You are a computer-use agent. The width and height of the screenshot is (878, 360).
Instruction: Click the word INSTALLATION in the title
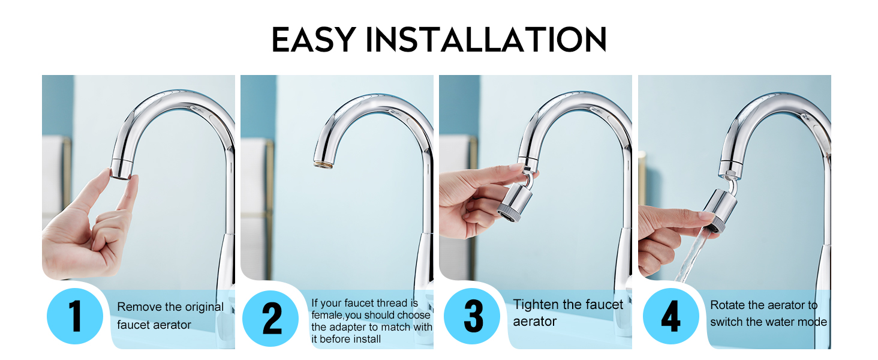click(x=486, y=40)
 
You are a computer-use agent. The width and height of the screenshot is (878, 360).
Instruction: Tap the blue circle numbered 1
click(x=75, y=316)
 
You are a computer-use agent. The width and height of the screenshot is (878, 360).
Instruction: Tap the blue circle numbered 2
click(x=271, y=316)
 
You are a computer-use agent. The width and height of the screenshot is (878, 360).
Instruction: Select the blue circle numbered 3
click(x=473, y=316)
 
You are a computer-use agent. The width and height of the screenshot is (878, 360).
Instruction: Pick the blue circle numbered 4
click(x=670, y=316)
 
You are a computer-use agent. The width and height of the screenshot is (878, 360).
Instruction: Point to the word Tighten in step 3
click(x=537, y=305)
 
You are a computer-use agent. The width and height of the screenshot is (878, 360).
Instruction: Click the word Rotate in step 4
click(x=727, y=305)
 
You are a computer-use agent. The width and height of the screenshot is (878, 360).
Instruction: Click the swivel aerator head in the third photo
click(x=512, y=202)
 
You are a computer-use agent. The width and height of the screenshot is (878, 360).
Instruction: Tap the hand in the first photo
click(x=78, y=234)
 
